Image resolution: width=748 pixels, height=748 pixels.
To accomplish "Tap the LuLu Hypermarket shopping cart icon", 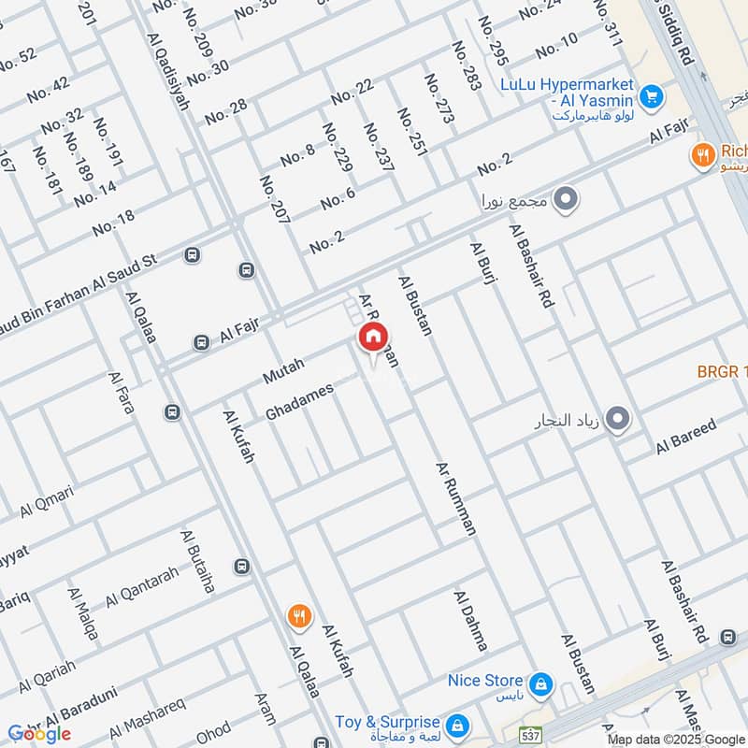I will point(652,95).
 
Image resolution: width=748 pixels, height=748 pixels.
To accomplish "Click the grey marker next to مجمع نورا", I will point(565,199).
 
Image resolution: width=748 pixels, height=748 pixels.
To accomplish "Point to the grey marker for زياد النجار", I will point(616,420).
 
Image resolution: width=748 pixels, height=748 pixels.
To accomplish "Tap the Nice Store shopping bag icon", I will point(540,687).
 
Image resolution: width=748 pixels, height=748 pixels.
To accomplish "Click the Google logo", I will point(39,733).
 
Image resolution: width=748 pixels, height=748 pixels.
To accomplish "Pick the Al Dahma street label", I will point(470,620).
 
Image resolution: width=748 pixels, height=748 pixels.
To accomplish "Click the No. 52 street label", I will point(16,59).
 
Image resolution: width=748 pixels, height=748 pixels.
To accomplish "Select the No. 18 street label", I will point(113,223).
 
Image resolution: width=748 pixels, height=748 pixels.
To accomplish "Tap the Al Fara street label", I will point(121,394).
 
